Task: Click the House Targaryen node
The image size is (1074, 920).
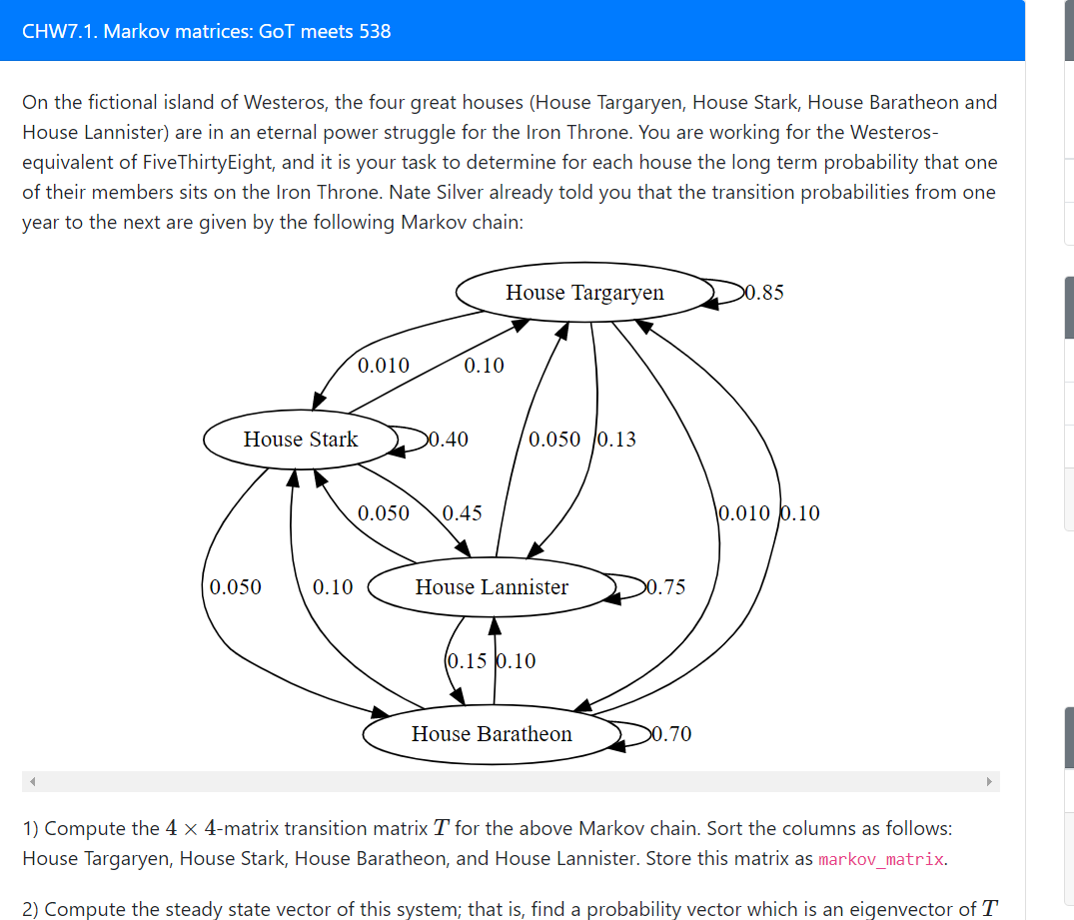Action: (x=584, y=293)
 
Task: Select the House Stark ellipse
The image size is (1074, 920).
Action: (x=300, y=440)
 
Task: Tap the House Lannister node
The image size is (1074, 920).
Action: (x=492, y=587)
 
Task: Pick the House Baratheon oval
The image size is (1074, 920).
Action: (x=492, y=734)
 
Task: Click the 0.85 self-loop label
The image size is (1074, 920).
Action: (x=764, y=293)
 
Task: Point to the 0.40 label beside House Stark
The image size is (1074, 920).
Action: (x=449, y=440)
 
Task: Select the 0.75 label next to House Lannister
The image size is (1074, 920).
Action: (x=666, y=587)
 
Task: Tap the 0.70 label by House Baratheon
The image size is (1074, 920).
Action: (x=671, y=734)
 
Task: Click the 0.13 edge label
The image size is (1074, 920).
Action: (x=616, y=440)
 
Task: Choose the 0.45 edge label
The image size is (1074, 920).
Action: (x=462, y=513)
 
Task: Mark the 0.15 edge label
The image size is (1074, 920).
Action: (x=467, y=661)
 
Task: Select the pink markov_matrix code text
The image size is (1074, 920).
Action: (x=880, y=859)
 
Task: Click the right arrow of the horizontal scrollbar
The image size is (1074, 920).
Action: (x=990, y=781)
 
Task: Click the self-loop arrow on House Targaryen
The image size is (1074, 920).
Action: (x=729, y=293)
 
